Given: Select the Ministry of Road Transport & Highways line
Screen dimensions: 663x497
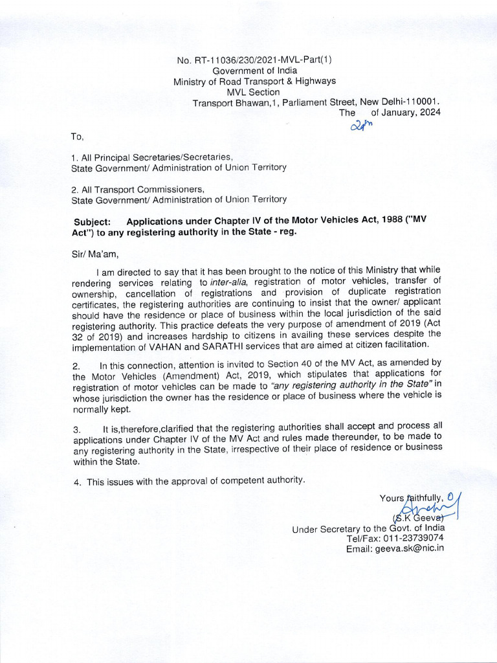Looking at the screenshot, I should coord(254,81).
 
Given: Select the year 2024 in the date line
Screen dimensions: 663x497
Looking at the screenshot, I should coord(429,112).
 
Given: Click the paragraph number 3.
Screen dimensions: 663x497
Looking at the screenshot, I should coord(76,429).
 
